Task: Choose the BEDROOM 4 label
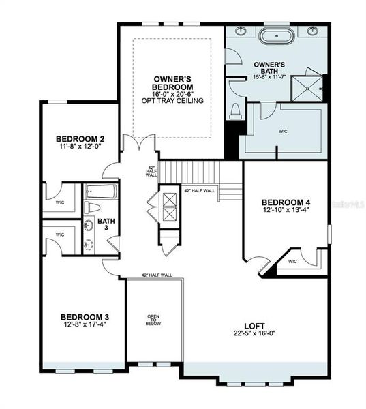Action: [287, 202]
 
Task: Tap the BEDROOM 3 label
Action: [85, 317]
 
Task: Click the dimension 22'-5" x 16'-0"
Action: [254, 333]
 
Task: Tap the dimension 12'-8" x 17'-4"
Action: [85, 325]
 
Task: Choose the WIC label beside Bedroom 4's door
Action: [292, 261]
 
